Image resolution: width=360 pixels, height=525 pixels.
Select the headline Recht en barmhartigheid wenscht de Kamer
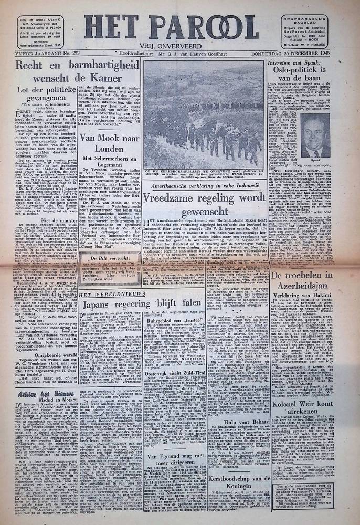(x=73, y=71)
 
